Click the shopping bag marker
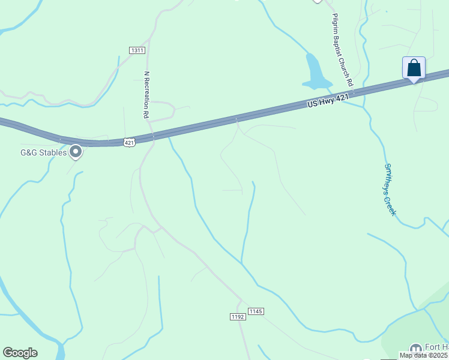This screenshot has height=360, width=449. pyautogui.click(x=414, y=67)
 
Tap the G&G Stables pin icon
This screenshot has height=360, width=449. pyautogui.click(x=76, y=152)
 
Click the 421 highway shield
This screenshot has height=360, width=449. pyautogui.click(x=130, y=142)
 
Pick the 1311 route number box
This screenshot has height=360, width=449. pyautogui.click(x=137, y=50)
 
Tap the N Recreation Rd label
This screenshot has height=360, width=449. pyautogui.click(x=146, y=94)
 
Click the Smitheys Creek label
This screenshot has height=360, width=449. pyautogui.click(x=390, y=190)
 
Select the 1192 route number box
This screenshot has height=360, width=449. pyautogui.click(x=238, y=316)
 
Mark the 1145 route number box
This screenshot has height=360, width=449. pyautogui.click(x=256, y=311)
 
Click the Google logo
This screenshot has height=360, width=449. pyautogui.click(x=20, y=353)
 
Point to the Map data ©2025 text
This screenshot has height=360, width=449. pyautogui.click(x=424, y=355)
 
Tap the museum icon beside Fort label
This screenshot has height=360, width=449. pyautogui.click(x=415, y=349)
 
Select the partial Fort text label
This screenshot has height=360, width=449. pyautogui.click(x=437, y=347)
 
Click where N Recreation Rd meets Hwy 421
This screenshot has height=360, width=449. pyautogui.click(x=153, y=136)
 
